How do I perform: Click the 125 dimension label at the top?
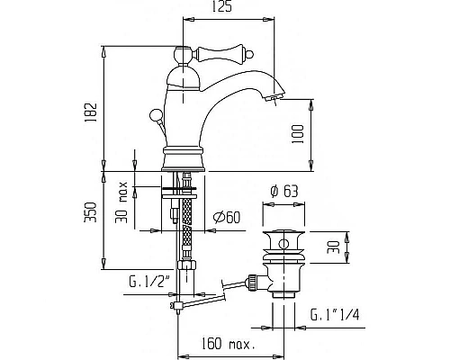[x=222, y=7]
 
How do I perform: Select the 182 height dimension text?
[x=91, y=112]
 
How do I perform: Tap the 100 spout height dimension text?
[x=298, y=134]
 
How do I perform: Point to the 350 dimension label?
[x=91, y=212]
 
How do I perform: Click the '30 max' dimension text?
[x=121, y=202]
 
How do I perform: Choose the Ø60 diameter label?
[x=227, y=218]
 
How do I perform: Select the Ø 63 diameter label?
[x=284, y=192]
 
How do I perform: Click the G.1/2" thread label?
[x=149, y=283]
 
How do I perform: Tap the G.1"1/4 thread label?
[x=335, y=315]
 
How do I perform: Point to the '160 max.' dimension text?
[x=228, y=344]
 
